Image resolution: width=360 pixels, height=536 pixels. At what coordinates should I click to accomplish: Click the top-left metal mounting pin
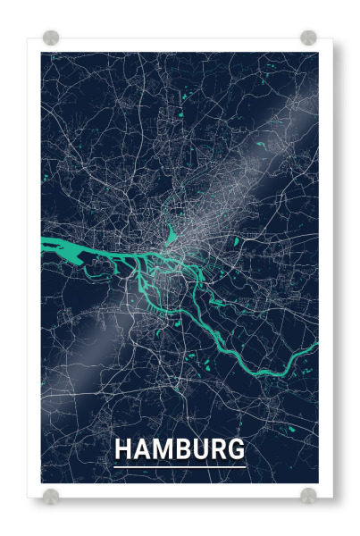point(51,38)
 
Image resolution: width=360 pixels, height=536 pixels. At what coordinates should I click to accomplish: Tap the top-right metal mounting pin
point(308,38)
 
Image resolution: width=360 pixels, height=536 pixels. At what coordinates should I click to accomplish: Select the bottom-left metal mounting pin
point(51,495)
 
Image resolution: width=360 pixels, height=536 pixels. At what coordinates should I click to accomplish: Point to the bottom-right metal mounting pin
point(308,495)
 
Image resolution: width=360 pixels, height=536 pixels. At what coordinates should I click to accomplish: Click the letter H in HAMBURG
point(125,448)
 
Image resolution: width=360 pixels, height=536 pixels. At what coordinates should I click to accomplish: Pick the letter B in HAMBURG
point(184,448)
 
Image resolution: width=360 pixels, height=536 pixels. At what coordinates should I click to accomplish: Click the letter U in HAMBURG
point(202,448)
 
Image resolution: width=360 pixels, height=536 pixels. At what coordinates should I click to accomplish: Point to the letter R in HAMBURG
point(219,448)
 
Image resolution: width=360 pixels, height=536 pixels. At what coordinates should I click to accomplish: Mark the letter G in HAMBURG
point(237,448)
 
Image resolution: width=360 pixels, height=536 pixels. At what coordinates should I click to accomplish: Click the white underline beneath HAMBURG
point(180,465)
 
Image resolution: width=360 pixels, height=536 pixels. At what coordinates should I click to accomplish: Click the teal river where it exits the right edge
point(313,345)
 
